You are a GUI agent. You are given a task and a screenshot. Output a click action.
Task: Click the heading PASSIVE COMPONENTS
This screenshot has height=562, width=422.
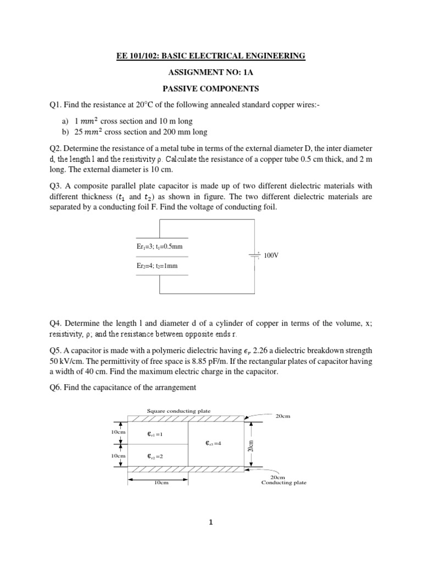coord(210,88)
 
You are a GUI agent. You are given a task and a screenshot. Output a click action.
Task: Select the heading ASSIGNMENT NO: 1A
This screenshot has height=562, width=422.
coord(210,72)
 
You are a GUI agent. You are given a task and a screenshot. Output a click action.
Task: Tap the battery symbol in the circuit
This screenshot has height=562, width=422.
coord(254,255)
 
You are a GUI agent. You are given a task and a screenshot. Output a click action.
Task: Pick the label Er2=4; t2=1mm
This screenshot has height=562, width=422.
coord(157,266)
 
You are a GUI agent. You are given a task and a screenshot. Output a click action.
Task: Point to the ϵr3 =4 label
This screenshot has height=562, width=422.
coord(213,443)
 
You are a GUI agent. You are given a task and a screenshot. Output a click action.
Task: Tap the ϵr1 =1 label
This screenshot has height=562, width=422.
coord(156,435)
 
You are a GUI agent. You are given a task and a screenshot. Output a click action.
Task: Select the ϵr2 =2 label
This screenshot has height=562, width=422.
coord(156,456)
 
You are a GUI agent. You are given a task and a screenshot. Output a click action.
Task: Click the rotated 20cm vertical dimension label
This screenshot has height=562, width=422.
coord(251,445)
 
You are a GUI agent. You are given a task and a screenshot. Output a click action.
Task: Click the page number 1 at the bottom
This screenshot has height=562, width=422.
coord(210,523)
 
